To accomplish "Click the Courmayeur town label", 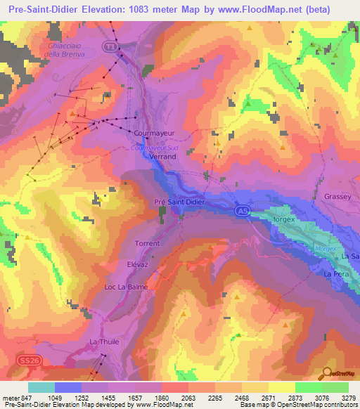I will point(154,131).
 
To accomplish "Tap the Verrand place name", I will point(163,157).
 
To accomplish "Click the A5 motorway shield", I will point(240,209).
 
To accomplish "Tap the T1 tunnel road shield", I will point(109,46).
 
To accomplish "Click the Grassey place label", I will point(337,197).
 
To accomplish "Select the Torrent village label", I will point(147,244).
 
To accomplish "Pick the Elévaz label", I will point(137,265).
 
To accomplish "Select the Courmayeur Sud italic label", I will point(155,148).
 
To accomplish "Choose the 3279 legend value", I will point(347,398).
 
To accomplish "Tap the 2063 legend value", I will point(188,398).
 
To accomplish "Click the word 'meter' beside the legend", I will point(10,398).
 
